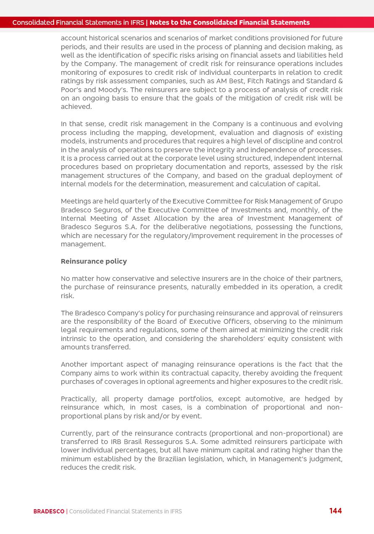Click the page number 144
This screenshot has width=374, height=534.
[335, 511]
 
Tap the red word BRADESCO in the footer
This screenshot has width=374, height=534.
[49, 512]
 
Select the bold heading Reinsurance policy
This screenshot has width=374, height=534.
[94, 262]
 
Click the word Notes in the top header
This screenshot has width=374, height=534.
[158, 23]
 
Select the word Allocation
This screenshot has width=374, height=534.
[168, 219]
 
